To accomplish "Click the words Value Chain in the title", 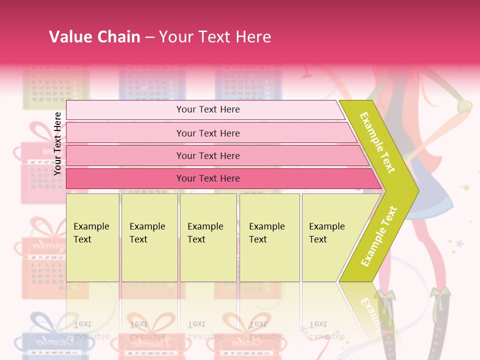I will point(94,36).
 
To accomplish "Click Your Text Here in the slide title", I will point(215,36).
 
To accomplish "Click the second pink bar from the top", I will point(207,133).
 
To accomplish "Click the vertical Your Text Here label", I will point(57,143).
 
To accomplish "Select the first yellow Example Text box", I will point(92,237).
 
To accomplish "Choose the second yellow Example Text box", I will point(149,237).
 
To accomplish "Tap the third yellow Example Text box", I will point(208,237).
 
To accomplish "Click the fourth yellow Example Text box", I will point(269,237).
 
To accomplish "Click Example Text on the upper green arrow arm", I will point(377,142).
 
